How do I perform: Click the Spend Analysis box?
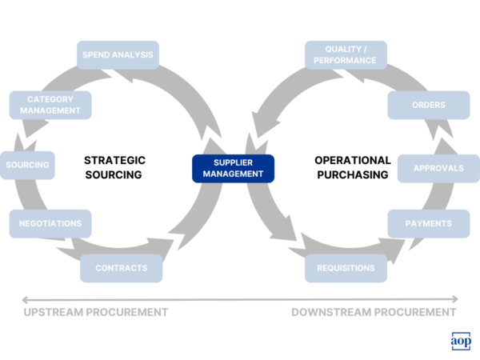[118, 55]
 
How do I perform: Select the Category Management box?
[50, 105]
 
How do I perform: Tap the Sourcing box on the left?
[28, 166]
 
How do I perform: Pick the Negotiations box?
[50, 224]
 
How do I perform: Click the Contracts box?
[121, 268]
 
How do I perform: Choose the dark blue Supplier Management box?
[233, 167]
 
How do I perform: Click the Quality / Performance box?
[346, 55]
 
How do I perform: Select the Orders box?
[429, 105]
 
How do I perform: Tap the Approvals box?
[439, 168]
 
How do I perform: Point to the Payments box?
[429, 224]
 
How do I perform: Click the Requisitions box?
[346, 268]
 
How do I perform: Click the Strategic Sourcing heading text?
[114, 167]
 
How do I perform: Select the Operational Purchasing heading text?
[352, 167]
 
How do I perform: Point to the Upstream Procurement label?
[95, 312]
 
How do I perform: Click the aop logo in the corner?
[461, 341]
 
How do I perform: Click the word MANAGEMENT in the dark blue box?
[233, 174]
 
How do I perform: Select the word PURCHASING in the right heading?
[352, 174]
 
